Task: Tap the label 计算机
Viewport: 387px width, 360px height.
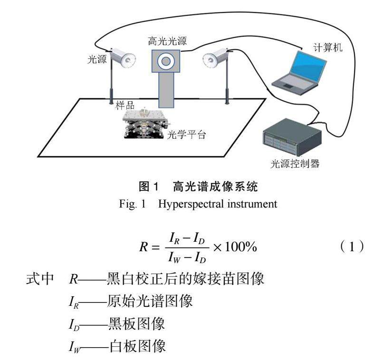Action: [327, 47]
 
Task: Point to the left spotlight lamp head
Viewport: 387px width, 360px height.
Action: [125, 58]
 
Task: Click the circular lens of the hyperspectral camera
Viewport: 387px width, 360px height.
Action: [165, 61]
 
